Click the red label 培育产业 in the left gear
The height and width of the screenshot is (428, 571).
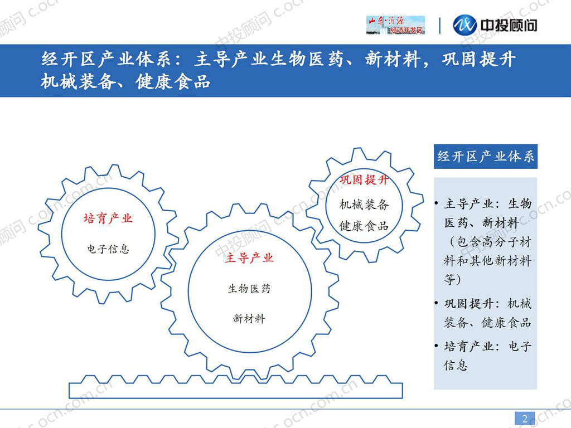click(108, 218)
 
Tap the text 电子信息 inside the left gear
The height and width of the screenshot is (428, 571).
click(108, 249)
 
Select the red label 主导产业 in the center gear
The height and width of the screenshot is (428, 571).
click(249, 258)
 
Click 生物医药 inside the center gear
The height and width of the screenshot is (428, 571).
click(249, 289)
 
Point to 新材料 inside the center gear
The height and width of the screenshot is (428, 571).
click(249, 318)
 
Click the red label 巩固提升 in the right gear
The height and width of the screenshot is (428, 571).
click(364, 180)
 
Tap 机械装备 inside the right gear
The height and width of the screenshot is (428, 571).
click(364, 205)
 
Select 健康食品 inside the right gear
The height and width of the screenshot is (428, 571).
click(364, 226)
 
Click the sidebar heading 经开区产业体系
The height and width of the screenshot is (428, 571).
click(486, 157)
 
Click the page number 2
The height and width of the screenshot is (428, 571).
click(525, 418)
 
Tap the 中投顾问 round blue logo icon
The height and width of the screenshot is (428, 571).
click(464, 25)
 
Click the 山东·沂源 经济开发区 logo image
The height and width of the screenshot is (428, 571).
click(395, 25)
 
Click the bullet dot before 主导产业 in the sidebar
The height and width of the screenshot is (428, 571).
click(436, 203)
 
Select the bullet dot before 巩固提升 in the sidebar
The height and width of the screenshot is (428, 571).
click(436, 303)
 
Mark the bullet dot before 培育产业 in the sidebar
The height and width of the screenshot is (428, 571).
click(436, 346)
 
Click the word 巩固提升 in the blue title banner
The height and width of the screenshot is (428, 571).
click(478, 59)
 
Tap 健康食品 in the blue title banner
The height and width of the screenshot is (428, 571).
click(173, 81)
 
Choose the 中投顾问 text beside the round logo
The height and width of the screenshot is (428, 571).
click(509, 25)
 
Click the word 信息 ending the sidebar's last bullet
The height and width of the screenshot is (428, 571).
click(456, 365)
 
